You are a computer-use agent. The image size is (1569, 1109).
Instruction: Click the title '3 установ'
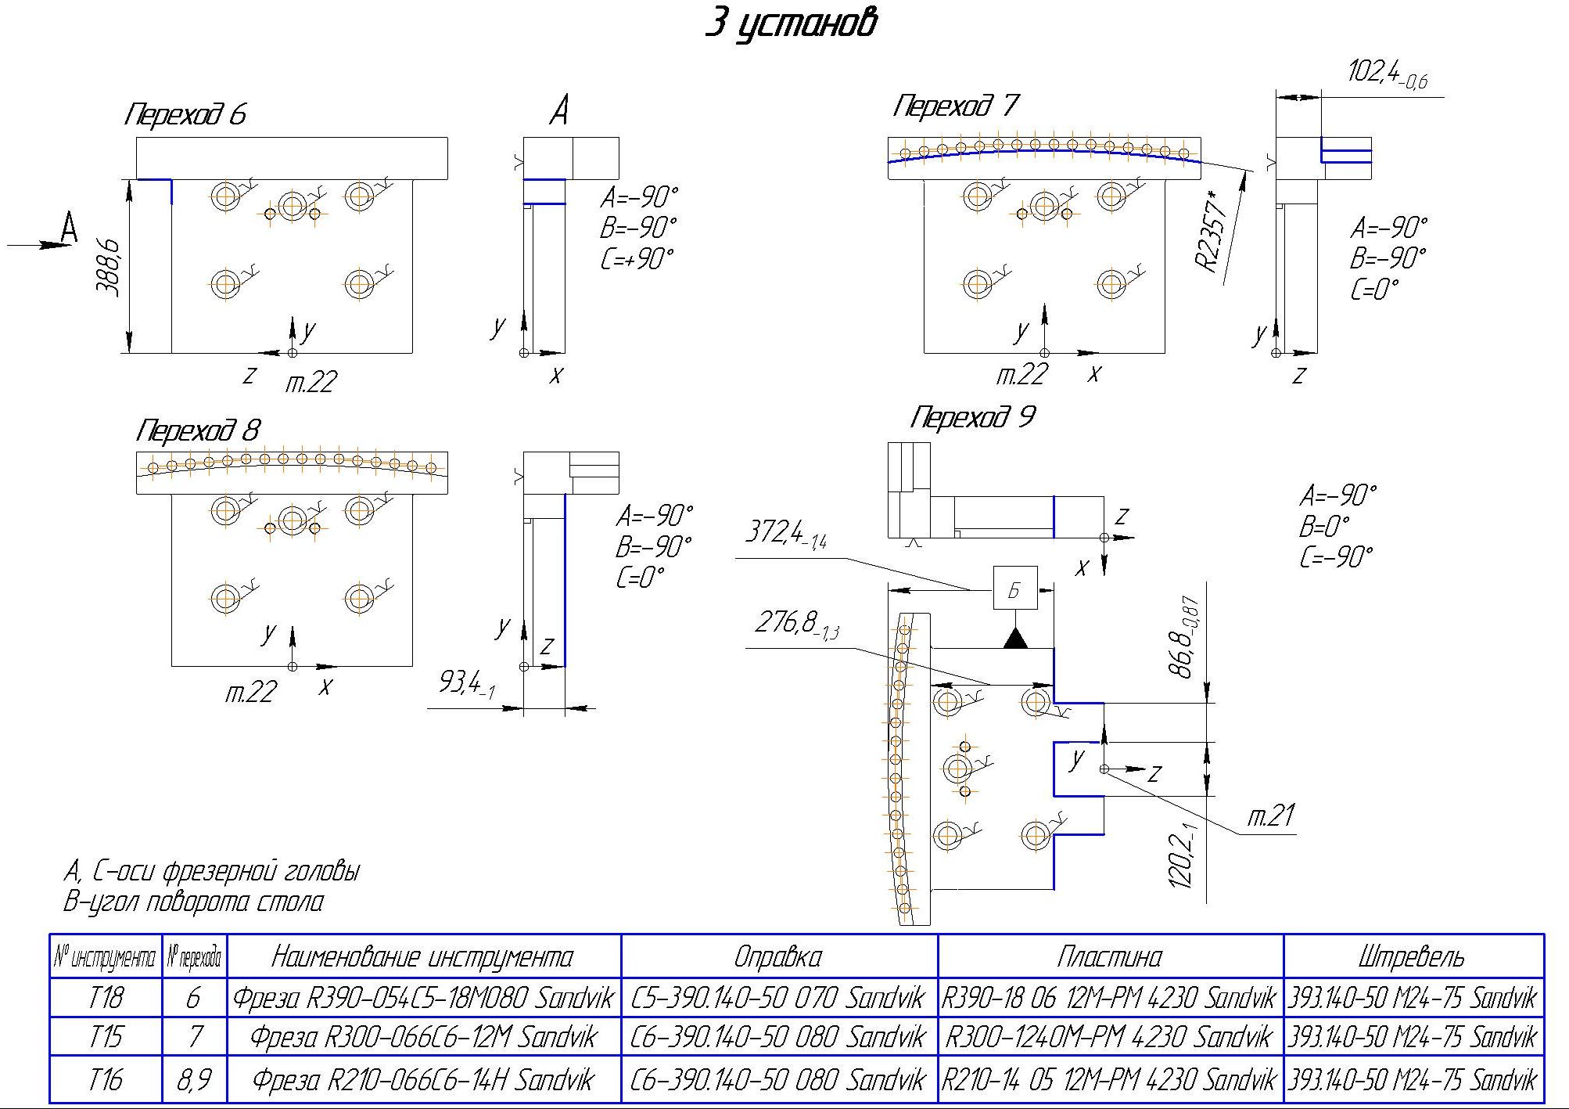pyautogui.click(x=790, y=24)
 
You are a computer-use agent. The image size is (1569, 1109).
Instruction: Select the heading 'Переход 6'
pyautogui.click(x=185, y=115)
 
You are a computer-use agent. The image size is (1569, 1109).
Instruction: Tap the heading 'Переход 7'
pyautogui.click(x=956, y=106)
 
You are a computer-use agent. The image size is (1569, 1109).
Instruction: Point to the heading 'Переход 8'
pyautogui.click(x=198, y=430)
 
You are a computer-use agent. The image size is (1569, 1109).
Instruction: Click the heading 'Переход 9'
pyautogui.click(x=972, y=417)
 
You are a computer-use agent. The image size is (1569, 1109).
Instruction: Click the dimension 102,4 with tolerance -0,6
pyautogui.click(x=1388, y=74)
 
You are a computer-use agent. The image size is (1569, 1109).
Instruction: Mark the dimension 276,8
pyautogui.click(x=796, y=625)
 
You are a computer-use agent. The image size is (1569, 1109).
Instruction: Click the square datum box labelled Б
pyautogui.click(x=1014, y=589)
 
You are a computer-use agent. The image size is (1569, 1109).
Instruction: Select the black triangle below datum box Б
pyautogui.click(x=1015, y=638)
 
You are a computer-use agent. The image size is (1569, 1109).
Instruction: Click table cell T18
pyautogui.click(x=106, y=998)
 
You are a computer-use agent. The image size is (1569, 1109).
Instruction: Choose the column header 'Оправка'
pyautogui.click(x=778, y=956)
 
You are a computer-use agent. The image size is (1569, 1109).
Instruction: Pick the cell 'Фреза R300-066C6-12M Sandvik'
pyautogui.click(x=423, y=1037)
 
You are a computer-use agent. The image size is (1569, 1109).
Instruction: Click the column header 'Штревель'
pyautogui.click(x=1413, y=956)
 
